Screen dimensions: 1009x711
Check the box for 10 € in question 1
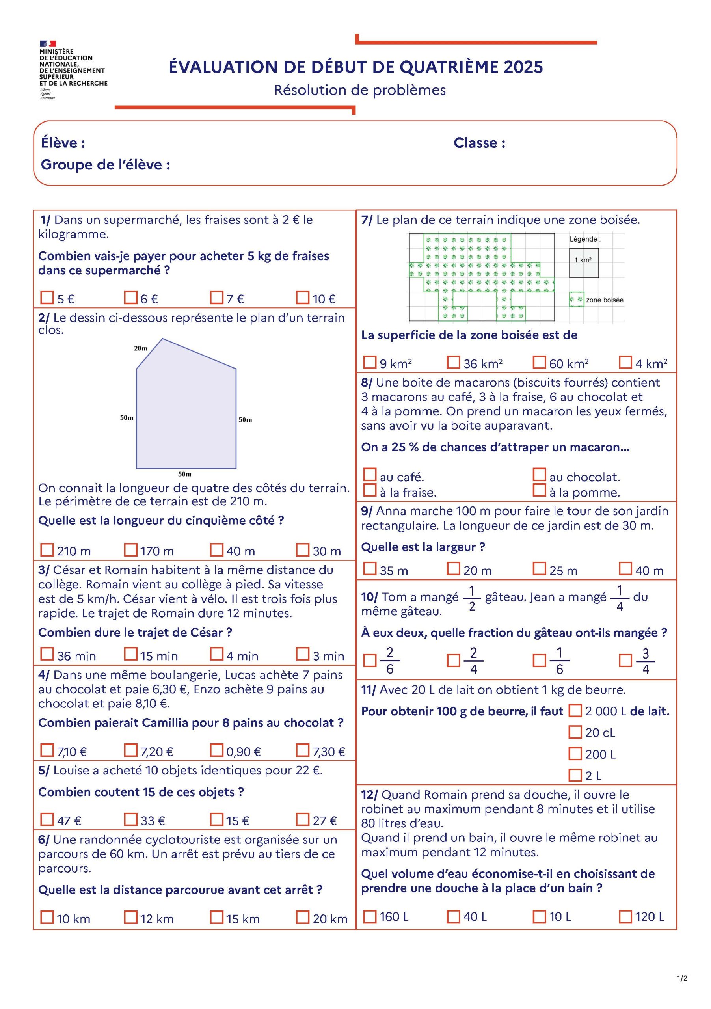302,298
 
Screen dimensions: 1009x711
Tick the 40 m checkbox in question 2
216,549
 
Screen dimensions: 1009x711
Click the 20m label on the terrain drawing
141,348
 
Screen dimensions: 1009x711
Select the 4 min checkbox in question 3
216,654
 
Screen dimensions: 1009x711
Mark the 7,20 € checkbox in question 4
130,750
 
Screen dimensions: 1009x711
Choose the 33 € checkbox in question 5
130,819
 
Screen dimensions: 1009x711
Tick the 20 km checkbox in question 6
302,917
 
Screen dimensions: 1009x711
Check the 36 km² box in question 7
454,362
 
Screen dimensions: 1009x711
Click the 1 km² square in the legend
584,263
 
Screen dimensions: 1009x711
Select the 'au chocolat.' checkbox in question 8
539,475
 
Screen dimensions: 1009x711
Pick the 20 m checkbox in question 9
454,569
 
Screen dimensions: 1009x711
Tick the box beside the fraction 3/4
625,661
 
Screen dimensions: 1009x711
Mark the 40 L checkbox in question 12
454,917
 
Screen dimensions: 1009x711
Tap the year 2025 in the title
523,67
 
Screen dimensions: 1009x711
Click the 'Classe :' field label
479,143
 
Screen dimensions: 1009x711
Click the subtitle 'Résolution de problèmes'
360,90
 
